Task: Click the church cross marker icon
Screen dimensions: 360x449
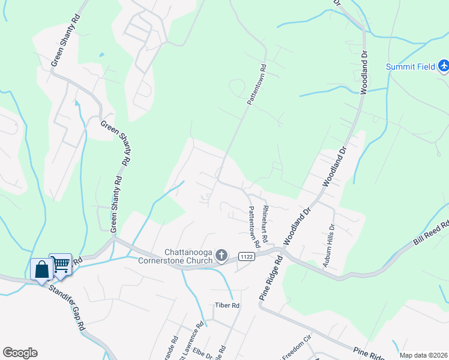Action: (x=221, y=256)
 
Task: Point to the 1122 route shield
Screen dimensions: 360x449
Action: (x=246, y=256)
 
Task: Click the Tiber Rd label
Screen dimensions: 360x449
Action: (x=228, y=305)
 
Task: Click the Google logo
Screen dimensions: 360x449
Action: (x=20, y=353)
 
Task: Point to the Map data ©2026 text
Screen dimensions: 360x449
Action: (x=423, y=355)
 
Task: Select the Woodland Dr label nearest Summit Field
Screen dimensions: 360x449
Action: (x=363, y=73)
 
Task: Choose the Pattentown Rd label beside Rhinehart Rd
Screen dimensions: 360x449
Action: (x=254, y=227)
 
